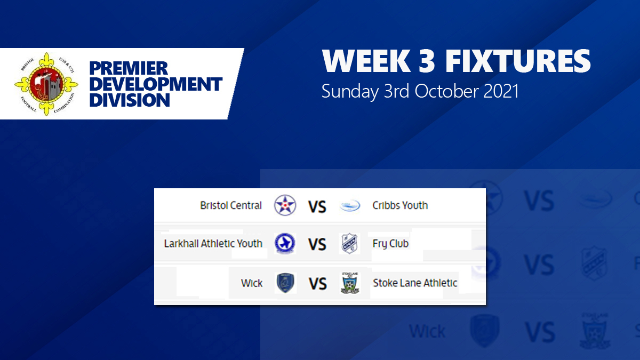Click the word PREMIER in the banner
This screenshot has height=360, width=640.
[129, 69]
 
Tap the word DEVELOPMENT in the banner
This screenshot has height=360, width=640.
[156, 84]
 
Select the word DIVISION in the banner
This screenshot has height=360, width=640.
[130, 100]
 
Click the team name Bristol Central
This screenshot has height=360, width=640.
[231, 205]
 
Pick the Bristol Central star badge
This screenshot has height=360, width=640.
[284, 205]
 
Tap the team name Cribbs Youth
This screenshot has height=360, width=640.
[400, 205]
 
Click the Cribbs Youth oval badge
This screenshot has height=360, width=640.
[350, 206]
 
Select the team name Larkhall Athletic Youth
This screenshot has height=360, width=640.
[213, 244]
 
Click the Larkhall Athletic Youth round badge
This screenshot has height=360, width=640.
[284, 244]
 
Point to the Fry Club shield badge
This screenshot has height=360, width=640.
[350, 244]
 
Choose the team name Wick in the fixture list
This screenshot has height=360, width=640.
[252, 283]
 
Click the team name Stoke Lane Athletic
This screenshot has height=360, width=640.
[415, 283]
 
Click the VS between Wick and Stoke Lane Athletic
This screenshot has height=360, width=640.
[317, 283]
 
